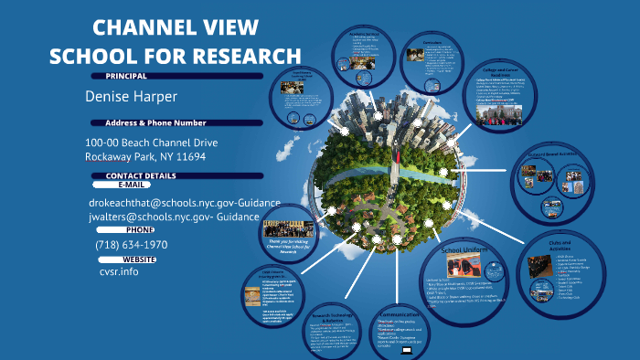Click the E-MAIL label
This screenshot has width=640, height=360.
click(x=132, y=185)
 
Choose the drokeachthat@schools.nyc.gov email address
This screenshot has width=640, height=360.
click(x=153, y=201)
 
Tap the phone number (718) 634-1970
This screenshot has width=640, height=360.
click(x=131, y=245)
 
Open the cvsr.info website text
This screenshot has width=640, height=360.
click(x=119, y=271)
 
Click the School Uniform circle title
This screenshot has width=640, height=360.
click(x=469, y=249)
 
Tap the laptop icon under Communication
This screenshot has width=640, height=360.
click(x=406, y=350)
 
